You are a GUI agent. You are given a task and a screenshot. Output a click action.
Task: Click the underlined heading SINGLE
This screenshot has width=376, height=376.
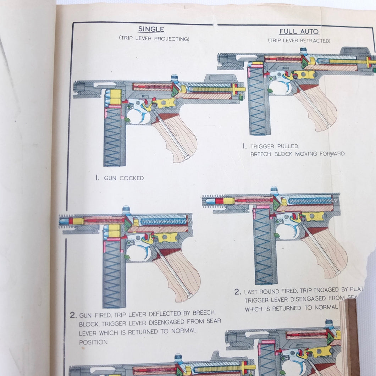(x=151, y=29)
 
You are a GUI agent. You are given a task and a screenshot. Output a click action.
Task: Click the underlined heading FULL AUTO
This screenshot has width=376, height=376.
(x=299, y=32)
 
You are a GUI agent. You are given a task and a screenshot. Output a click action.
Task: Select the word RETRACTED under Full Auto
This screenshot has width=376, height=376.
(x=315, y=41)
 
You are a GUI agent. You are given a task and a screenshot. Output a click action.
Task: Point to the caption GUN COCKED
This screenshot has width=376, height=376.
(x=124, y=178)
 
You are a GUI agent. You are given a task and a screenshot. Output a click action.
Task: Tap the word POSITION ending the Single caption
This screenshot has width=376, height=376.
(x=93, y=342)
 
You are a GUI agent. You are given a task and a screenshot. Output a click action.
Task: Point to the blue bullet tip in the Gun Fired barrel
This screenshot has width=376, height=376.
(x=63, y=221)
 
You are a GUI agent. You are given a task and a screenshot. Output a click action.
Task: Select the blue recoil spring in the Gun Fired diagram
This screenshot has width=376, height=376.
(x=164, y=221)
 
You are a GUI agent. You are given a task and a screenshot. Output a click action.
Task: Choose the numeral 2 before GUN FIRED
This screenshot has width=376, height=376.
(x=73, y=315)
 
